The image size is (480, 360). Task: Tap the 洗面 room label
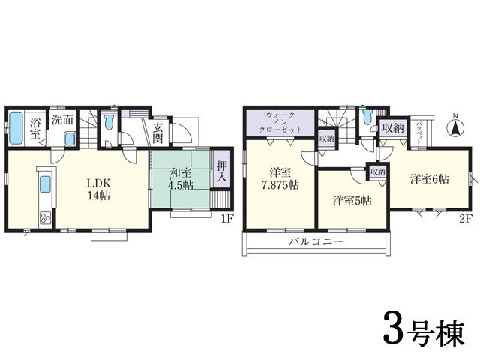pyautogui.click(x=61, y=119)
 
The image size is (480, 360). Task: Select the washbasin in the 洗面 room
pyautogui.click(x=69, y=139)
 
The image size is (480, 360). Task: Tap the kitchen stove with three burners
pyautogui.click(x=44, y=219)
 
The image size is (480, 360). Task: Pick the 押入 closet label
pyautogui.click(x=222, y=172)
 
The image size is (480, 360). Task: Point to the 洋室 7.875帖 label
pyautogui.click(x=280, y=178)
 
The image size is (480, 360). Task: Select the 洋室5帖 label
pyautogui.click(x=352, y=200)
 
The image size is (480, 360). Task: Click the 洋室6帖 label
pyautogui.click(x=429, y=179)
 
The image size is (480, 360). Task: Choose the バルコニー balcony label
pyautogui.click(x=316, y=242)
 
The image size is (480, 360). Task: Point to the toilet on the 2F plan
pyautogui.click(x=366, y=118)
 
